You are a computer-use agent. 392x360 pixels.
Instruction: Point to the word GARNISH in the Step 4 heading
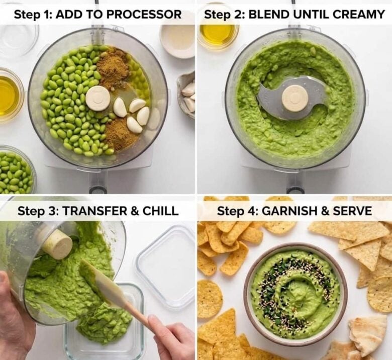pyautogui.click(x=292, y=211)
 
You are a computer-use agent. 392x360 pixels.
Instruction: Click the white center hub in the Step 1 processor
pyautogui.click(x=98, y=98)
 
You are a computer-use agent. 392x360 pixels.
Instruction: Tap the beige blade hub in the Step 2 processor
pyautogui.click(x=295, y=98)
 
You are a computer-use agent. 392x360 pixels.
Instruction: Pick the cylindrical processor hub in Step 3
pyautogui.click(x=57, y=244)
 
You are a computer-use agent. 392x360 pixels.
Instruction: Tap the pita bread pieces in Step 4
pyautogui.click(x=359, y=337)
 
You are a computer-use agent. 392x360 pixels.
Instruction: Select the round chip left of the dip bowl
pyautogui.click(x=209, y=299)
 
